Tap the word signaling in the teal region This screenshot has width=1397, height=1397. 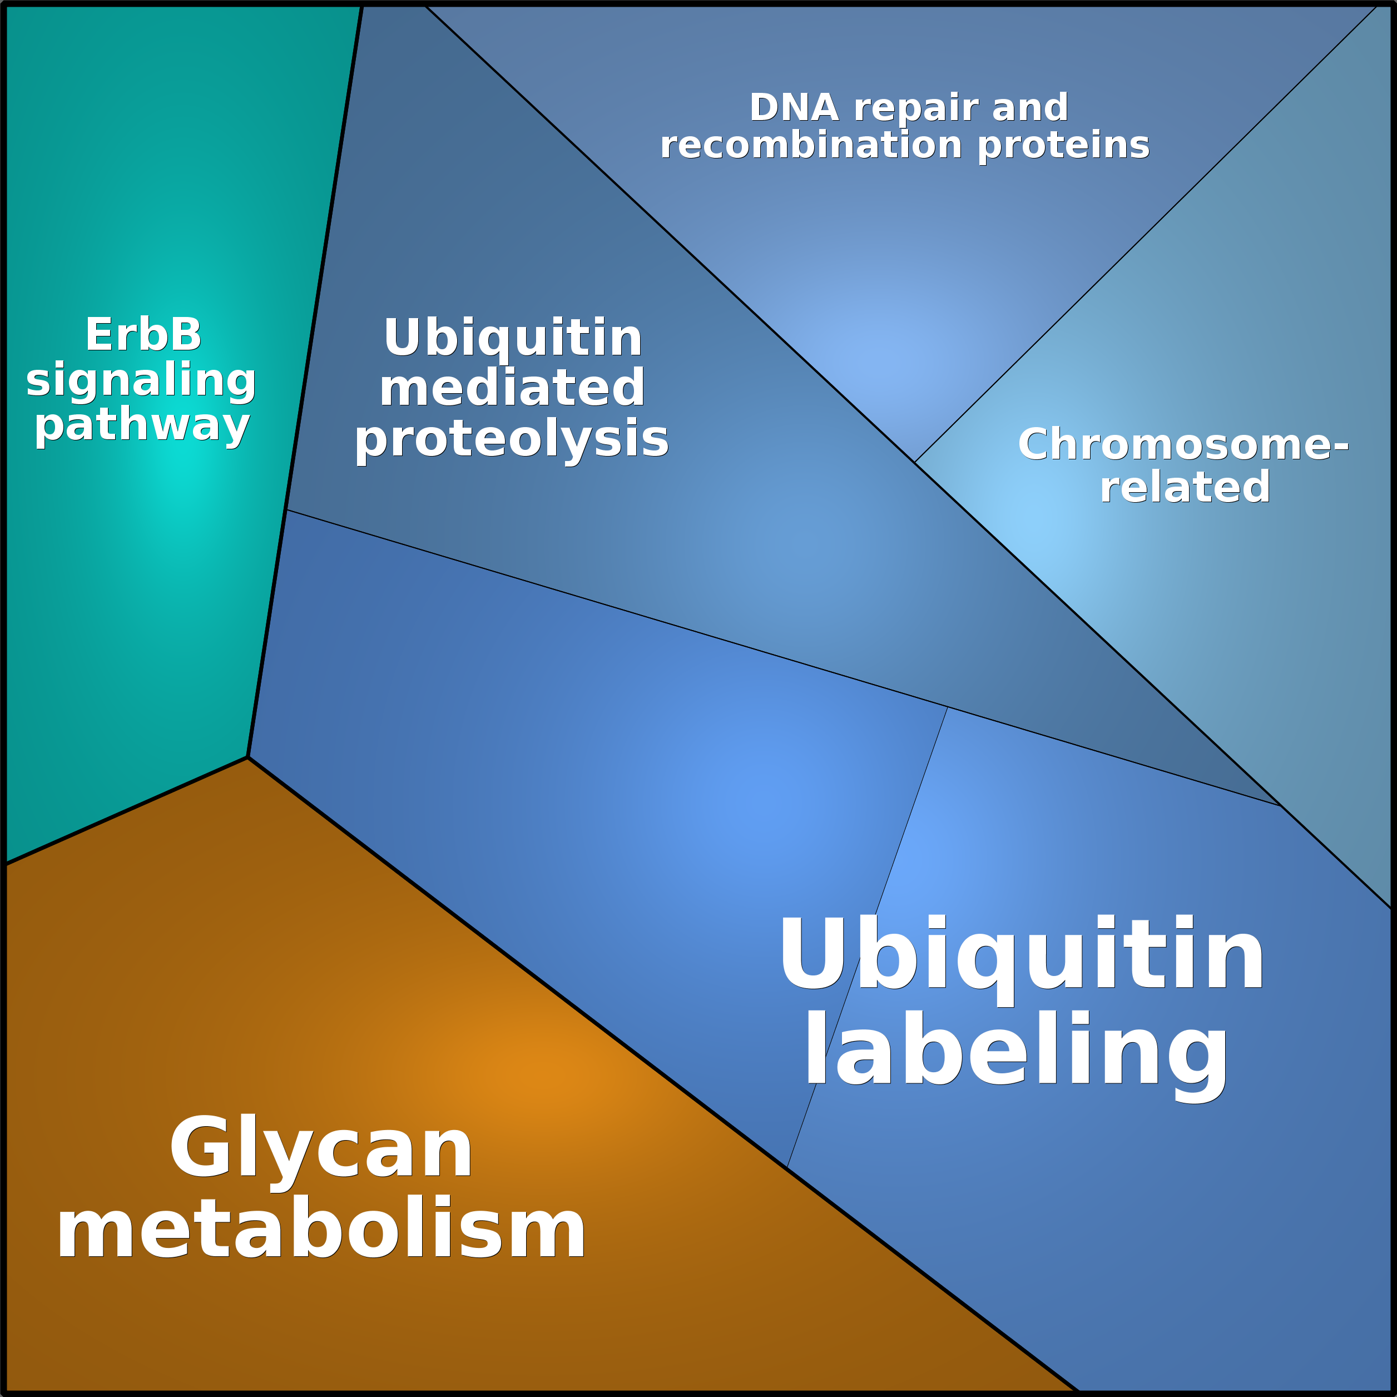point(141,380)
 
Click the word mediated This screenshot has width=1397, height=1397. point(512,388)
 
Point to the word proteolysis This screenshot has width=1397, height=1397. point(512,440)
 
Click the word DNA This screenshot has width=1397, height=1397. point(793,108)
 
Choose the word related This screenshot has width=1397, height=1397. point(1185,487)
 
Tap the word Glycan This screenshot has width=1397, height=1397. point(321,1149)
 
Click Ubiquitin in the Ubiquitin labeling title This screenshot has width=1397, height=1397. point(1021,954)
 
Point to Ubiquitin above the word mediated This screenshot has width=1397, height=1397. point(513,338)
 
